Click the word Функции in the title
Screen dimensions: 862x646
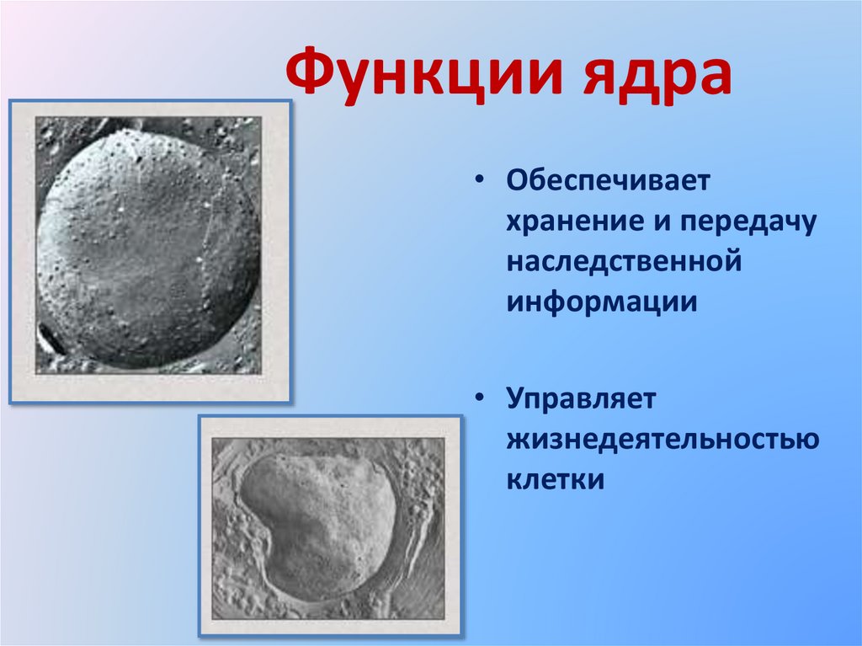(424, 74)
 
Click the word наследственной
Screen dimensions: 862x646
(625, 262)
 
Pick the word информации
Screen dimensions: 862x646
(602, 302)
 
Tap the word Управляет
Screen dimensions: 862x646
(581, 398)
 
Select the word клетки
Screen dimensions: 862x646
(556, 479)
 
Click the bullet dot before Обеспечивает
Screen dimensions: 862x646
(480, 180)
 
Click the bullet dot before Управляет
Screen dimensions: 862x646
(480, 398)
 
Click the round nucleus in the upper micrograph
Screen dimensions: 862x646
(147, 248)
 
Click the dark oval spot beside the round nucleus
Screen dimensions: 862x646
(51, 339)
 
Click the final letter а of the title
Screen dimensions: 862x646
(712, 82)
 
